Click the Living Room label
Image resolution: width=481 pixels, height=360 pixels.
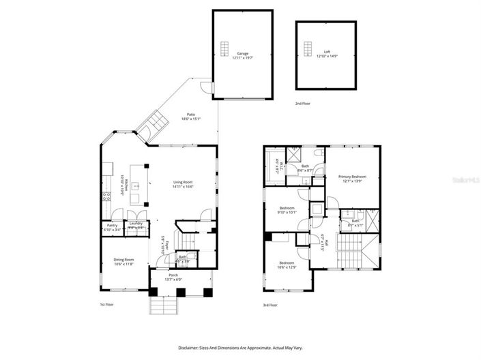tap(183, 183)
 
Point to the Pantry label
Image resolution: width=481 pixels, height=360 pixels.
tap(111, 227)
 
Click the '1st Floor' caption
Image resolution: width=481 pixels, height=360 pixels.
tap(108, 305)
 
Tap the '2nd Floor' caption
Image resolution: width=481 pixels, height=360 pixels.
tap(303, 103)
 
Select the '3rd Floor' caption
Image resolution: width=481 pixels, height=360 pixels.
tap(271, 305)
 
